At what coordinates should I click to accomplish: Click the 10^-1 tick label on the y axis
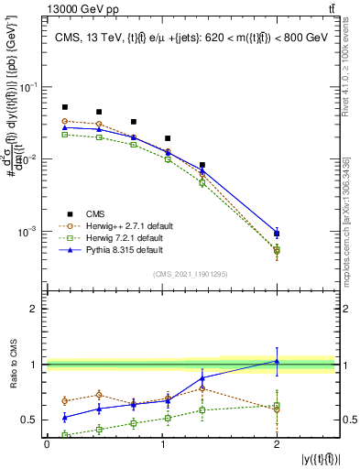pyautogui.click(x=29, y=87)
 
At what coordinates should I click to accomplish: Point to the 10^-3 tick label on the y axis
pyautogui.click(x=29, y=232)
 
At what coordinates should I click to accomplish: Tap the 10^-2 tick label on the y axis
pyautogui.click(x=29, y=159)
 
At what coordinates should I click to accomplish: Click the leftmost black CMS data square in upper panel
pyautogui.click(x=65, y=107)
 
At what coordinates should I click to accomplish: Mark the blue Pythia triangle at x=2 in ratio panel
pyautogui.click(x=277, y=361)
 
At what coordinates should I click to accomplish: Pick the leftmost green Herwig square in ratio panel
pyautogui.click(x=65, y=434)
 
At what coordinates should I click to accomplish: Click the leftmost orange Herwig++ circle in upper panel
pyautogui.click(x=65, y=121)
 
